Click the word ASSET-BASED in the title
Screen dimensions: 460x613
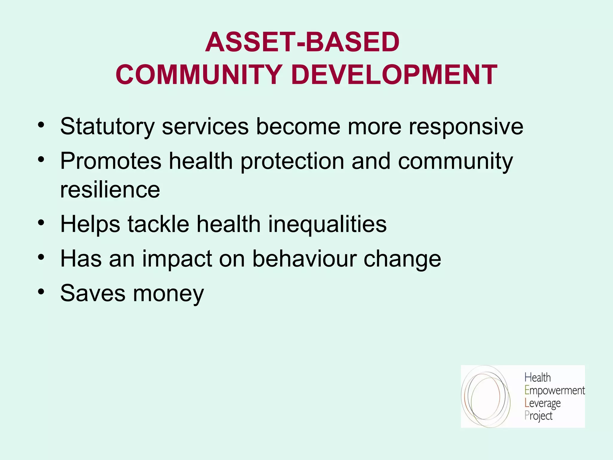click(x=302, y=42)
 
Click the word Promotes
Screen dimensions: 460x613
click(x=111, y=161)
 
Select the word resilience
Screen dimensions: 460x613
click(x=110, y=190)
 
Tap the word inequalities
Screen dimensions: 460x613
click(x=327, y=225)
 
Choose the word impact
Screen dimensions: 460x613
click(x=177, y=259)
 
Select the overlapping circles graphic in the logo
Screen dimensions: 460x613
click(x=485, y=396)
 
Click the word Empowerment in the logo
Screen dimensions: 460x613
click(x=555, y=391)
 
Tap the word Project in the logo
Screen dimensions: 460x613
click(x=538, y=416)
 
